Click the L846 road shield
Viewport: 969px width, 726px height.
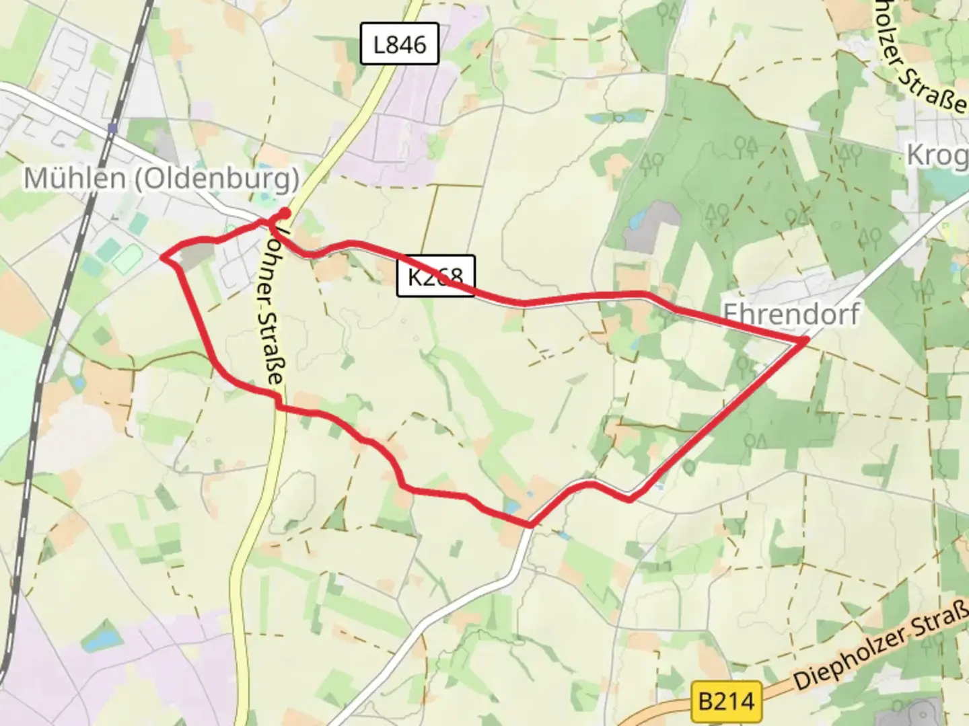point(400,44)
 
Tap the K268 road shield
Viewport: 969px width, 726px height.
point(435,276)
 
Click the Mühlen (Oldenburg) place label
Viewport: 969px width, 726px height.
point(161,179)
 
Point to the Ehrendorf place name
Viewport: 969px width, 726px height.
point(791,313)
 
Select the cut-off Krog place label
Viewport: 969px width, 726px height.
point(937,155)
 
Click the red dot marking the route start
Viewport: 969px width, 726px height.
point(285,214)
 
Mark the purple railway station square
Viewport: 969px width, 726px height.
point(112,128)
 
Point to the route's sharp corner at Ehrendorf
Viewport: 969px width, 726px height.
point(805,342)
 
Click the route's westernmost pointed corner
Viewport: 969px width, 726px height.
point(162,256)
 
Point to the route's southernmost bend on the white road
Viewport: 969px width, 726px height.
point(530,524)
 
